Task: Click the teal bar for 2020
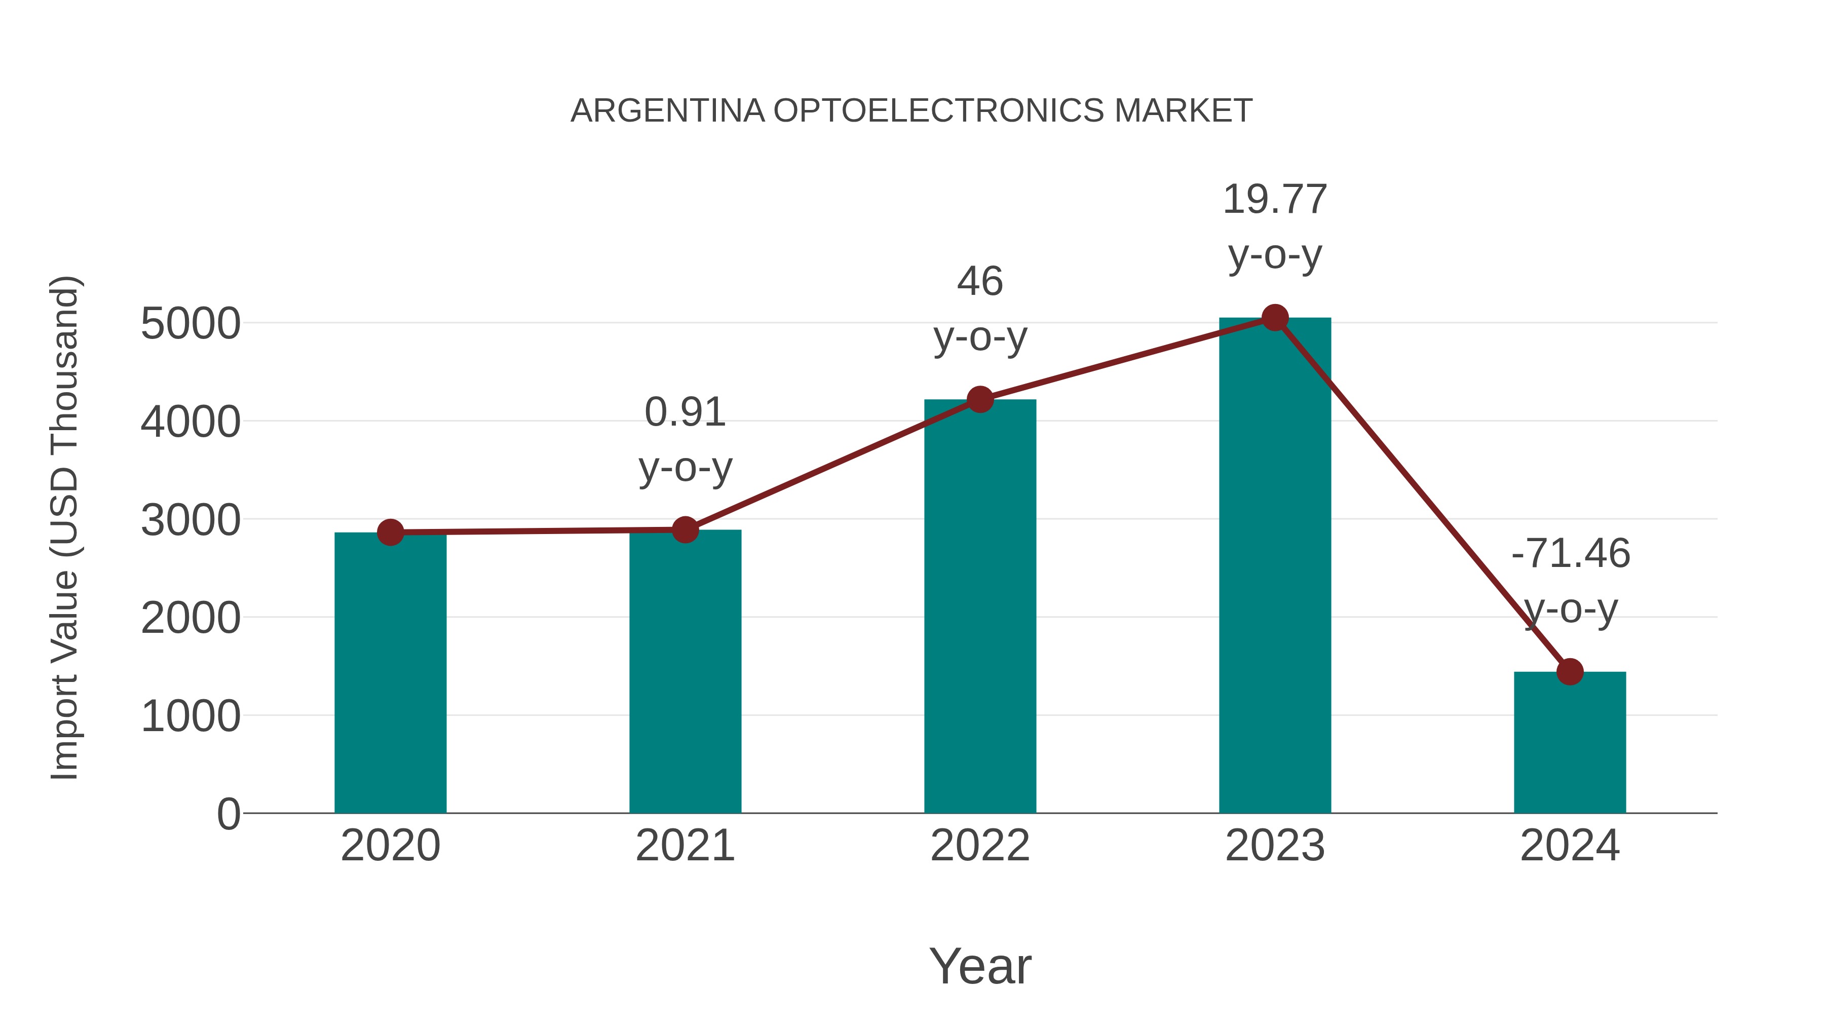[x=390, y=673]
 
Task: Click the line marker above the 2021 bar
[x=685, y=529]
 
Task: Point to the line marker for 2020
[x=390, y=532]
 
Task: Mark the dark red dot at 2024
[x=1570, y=671]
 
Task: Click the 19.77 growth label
[x=1275, y=200]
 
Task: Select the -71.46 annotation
[x=1570, y=554]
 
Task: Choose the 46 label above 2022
[x=980, y=282]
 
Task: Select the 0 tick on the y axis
[x=228, y=814]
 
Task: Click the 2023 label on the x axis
[x=1275, y=846]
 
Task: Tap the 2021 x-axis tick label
[x=685, y=846]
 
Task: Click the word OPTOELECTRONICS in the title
[x=938, y=111]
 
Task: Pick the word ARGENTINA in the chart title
[x=668, y=111]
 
